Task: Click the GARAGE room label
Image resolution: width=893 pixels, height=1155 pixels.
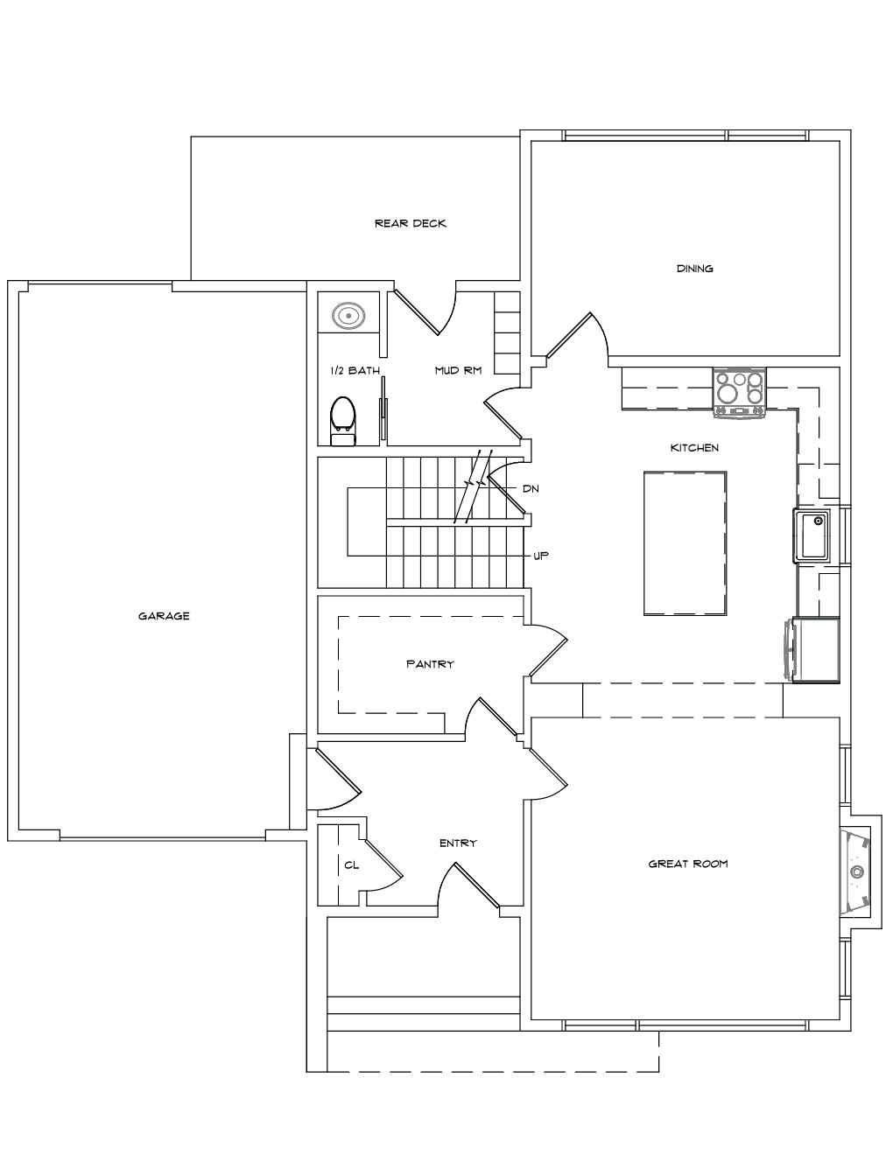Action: [x=164, y=616]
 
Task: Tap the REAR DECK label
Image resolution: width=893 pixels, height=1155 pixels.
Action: [x=410, y=223]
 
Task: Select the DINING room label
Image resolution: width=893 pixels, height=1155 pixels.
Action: [x=694, y=269]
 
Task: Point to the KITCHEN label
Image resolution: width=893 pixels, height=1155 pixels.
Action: [x=694, y=447]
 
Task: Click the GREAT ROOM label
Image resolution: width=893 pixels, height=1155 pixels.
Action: [x=688, y=864]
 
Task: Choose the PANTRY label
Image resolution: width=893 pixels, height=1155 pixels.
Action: [x=430, y=664]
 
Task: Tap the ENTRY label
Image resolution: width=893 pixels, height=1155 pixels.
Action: [x=458, y=843]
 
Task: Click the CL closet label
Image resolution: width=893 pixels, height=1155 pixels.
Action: [x=352, y=864]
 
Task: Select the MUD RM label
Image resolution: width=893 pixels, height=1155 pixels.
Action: [x=458, y=370]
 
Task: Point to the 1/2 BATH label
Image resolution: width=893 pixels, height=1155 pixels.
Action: [x=355, y=370]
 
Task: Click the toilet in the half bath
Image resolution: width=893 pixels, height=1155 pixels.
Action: [x=342, y=420]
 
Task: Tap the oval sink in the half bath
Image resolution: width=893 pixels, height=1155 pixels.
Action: [x=348, y=316]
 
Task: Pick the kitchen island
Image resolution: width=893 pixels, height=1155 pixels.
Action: [x=685, y=542]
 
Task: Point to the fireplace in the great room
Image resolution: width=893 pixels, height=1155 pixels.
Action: [x=855, y=871]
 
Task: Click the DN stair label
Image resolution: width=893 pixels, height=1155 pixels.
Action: [x=531, y=488]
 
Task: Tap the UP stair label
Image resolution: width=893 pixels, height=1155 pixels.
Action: [x=541, y=556]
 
